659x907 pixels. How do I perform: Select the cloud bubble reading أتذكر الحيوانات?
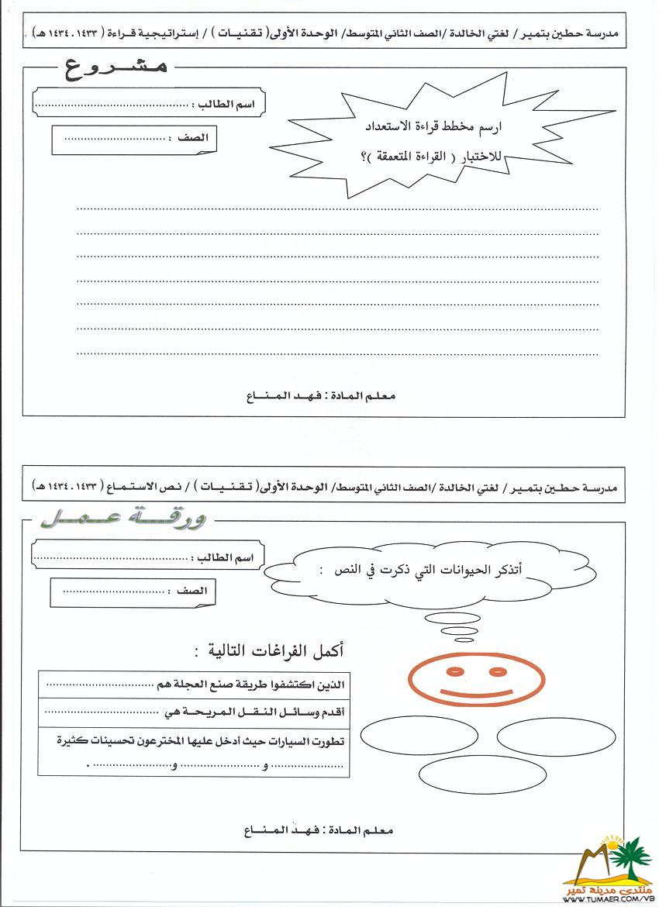[x=430, y=572]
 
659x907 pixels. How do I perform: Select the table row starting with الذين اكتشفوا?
[x=194, y=685]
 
